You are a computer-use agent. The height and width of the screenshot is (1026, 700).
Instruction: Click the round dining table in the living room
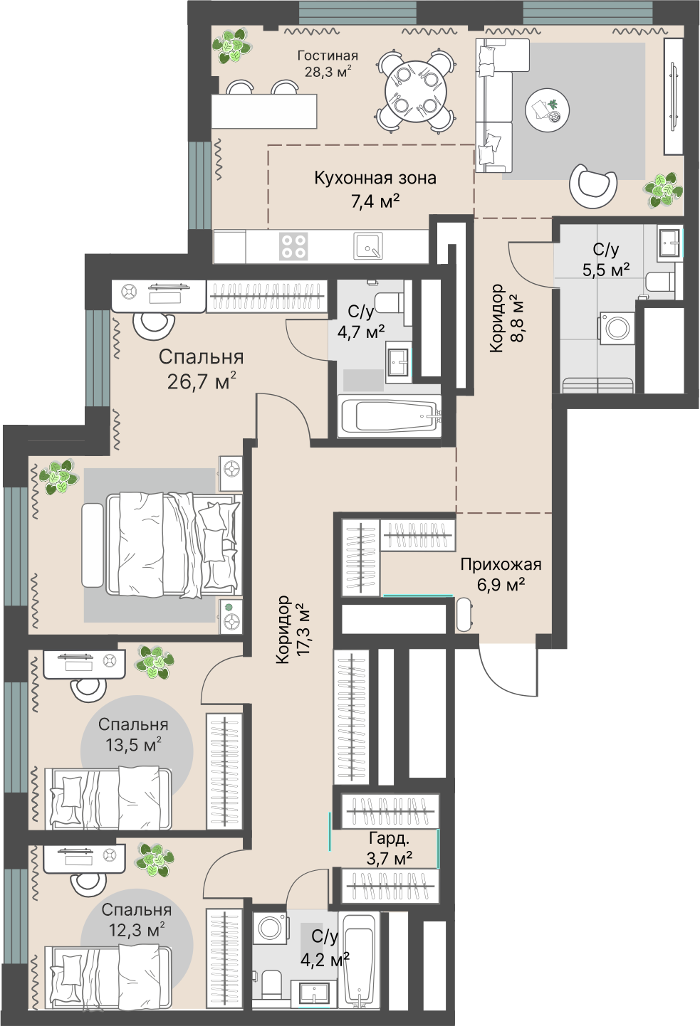pyautogui.click(x=415, y=91)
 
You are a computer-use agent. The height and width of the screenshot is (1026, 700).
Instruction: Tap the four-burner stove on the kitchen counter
pyautogui.click(x=293, y=246)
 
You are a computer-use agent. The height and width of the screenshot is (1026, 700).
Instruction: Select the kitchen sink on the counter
pyautogui.click(x=367, y=245)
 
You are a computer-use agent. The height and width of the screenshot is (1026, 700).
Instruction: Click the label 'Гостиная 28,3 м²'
pyautogui.click(x=328, y=63)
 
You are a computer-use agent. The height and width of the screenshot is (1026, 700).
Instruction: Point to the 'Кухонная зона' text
pyautogui.click(x=375, y=178)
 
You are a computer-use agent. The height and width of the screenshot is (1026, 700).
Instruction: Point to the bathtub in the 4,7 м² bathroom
pyautogui.click(x=390, y=416)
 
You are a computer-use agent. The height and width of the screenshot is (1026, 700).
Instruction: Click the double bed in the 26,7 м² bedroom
pyautogui.click(x=174, y=545)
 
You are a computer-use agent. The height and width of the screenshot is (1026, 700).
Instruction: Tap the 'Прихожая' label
pyautogui.click(x=501, y=564)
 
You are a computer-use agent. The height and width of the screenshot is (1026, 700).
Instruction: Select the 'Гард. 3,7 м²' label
pyautogui.click(x=389, y=847)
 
